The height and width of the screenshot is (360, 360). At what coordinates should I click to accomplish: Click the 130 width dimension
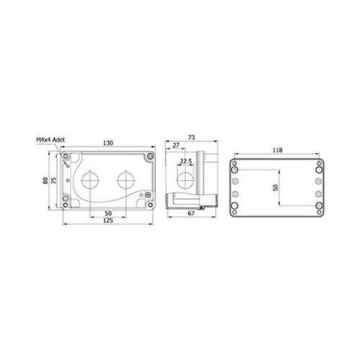[109, 142]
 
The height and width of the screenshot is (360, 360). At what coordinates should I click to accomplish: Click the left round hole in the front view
[91, 179]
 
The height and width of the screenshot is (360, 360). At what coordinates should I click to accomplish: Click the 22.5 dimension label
[185, 160]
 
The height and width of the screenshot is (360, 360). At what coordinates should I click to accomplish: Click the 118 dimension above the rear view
[277, 150]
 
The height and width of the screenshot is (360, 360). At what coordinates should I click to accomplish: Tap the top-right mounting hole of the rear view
[319, 163]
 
